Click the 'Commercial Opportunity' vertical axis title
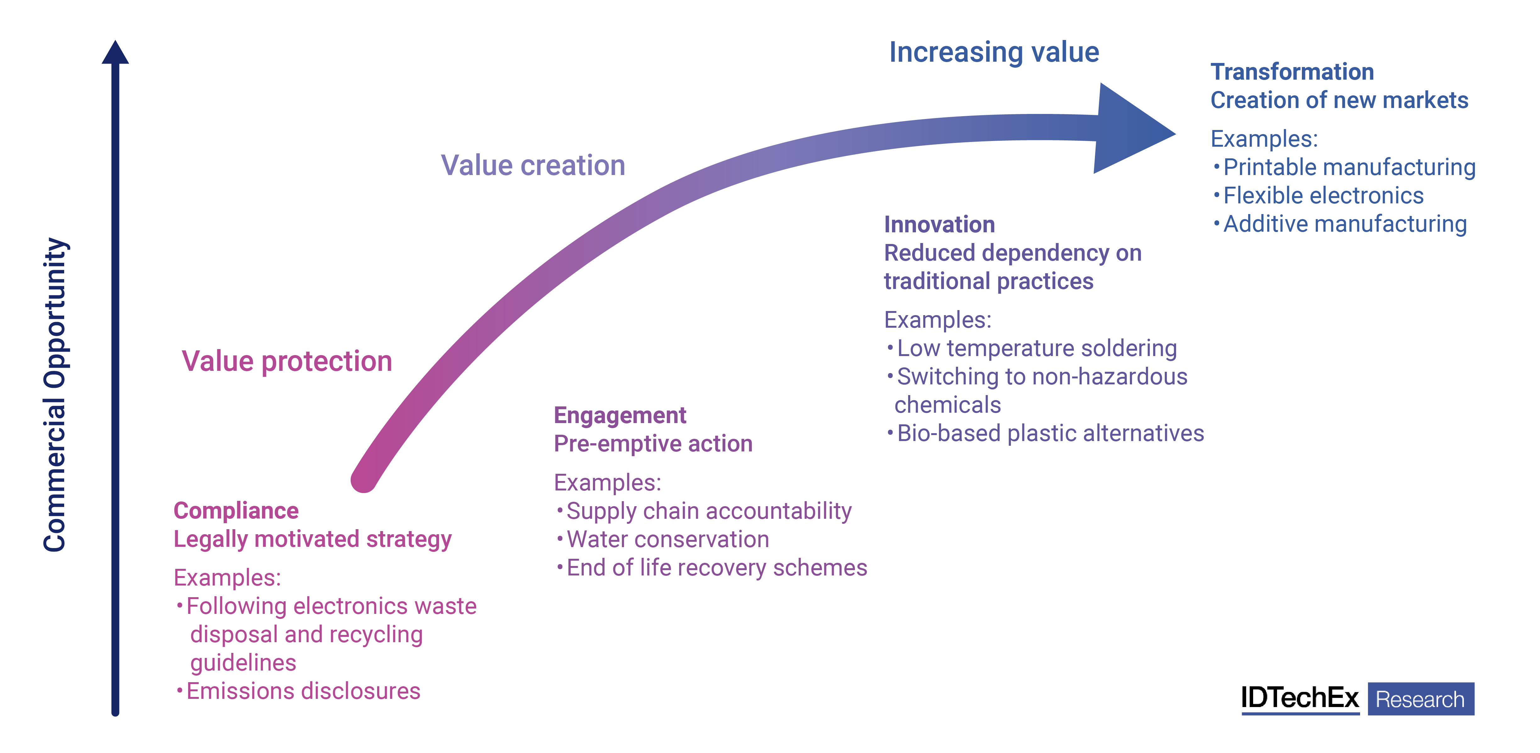[x=55, y=395]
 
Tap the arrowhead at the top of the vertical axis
[x=115, y=53]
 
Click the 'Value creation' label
[x=533, y=166]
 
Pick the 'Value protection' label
[x=287, y=362]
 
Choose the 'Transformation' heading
[x=1292, y=72]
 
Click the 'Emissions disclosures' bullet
[x=303, y=691]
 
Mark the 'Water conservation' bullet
[x=667, y=540]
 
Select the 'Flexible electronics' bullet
[x=1323, y=195]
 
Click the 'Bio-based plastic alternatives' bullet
[x=1050, y=433]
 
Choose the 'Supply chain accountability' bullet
[x=708, y=511]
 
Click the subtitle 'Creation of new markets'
[x=1339, y=100]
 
